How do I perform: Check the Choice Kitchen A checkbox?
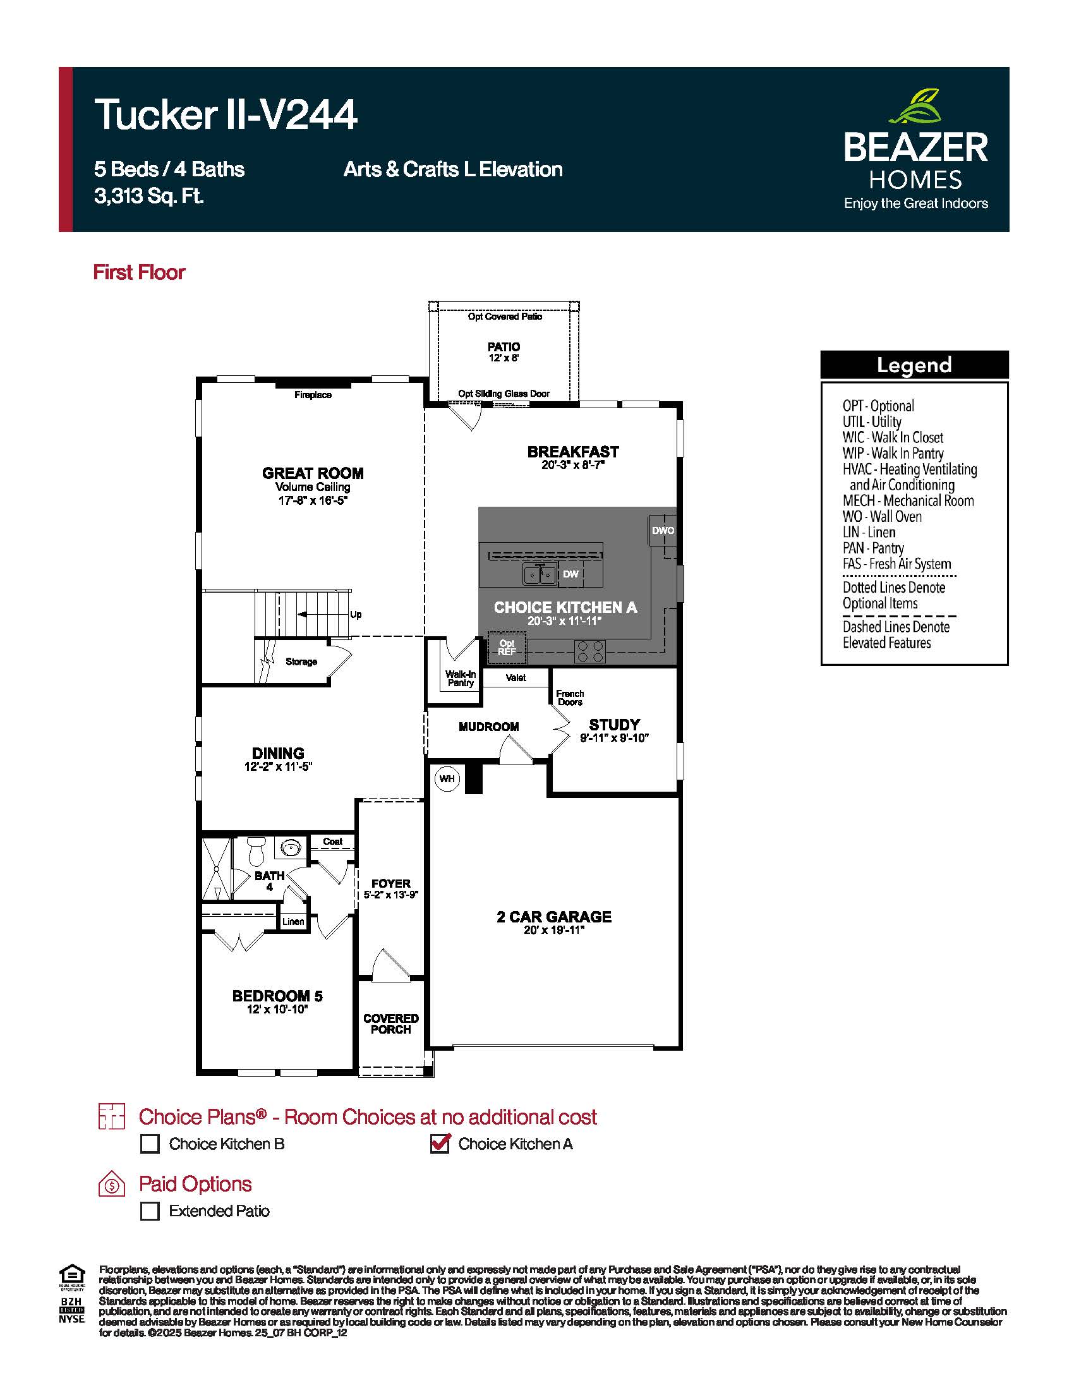(440, 1144)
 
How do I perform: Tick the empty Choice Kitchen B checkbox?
(150, 1144)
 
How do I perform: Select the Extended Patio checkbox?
(150, 1211)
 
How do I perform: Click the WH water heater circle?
(447, 779)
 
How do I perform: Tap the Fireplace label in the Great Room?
(313, 396)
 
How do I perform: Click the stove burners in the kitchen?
(590, 652)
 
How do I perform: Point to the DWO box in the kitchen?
(663, 530)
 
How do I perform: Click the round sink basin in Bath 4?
(291, 849)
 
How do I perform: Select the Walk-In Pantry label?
(461, 679)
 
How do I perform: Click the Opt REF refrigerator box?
(507, 647)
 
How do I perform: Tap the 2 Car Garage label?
(554, 917)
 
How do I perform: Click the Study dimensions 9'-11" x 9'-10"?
(614, 738)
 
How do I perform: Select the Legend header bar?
(914, 365)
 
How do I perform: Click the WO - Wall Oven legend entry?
(882, 517)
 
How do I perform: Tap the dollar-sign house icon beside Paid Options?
(112, 1185)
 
